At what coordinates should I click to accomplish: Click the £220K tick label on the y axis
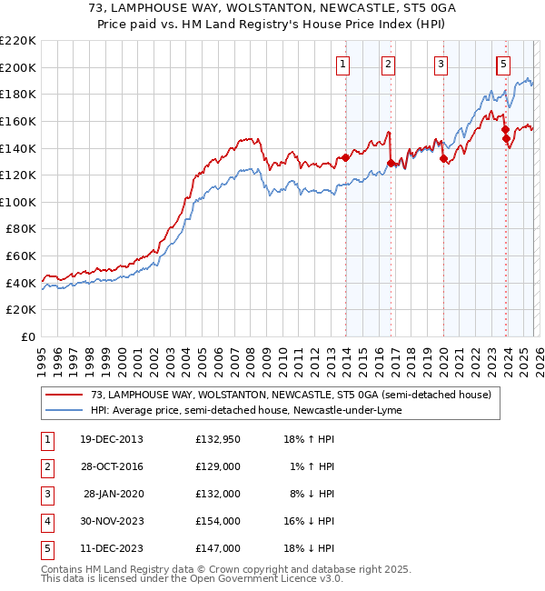click(x=18, y=41)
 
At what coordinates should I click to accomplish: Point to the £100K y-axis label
click(x=18, y=202)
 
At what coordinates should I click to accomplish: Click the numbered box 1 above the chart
click(x=343, y=64)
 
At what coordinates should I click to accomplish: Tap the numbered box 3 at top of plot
click(x=441, y=64)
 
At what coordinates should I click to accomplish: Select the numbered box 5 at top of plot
click(x=503, y=64)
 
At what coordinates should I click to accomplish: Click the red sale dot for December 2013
click(x=345, y=157)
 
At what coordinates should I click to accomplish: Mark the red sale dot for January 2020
click(x=443, y=158)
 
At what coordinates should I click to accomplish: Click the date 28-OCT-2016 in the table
click(x=113, y=466)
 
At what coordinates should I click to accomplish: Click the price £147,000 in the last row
click(x=218, y=548)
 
